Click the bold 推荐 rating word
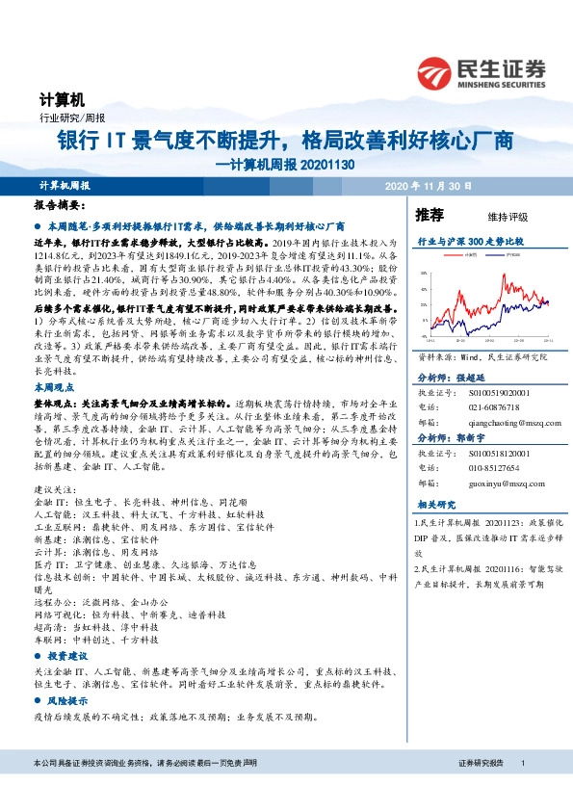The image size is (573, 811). coord(429,214)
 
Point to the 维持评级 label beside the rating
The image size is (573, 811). coord(495,216)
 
